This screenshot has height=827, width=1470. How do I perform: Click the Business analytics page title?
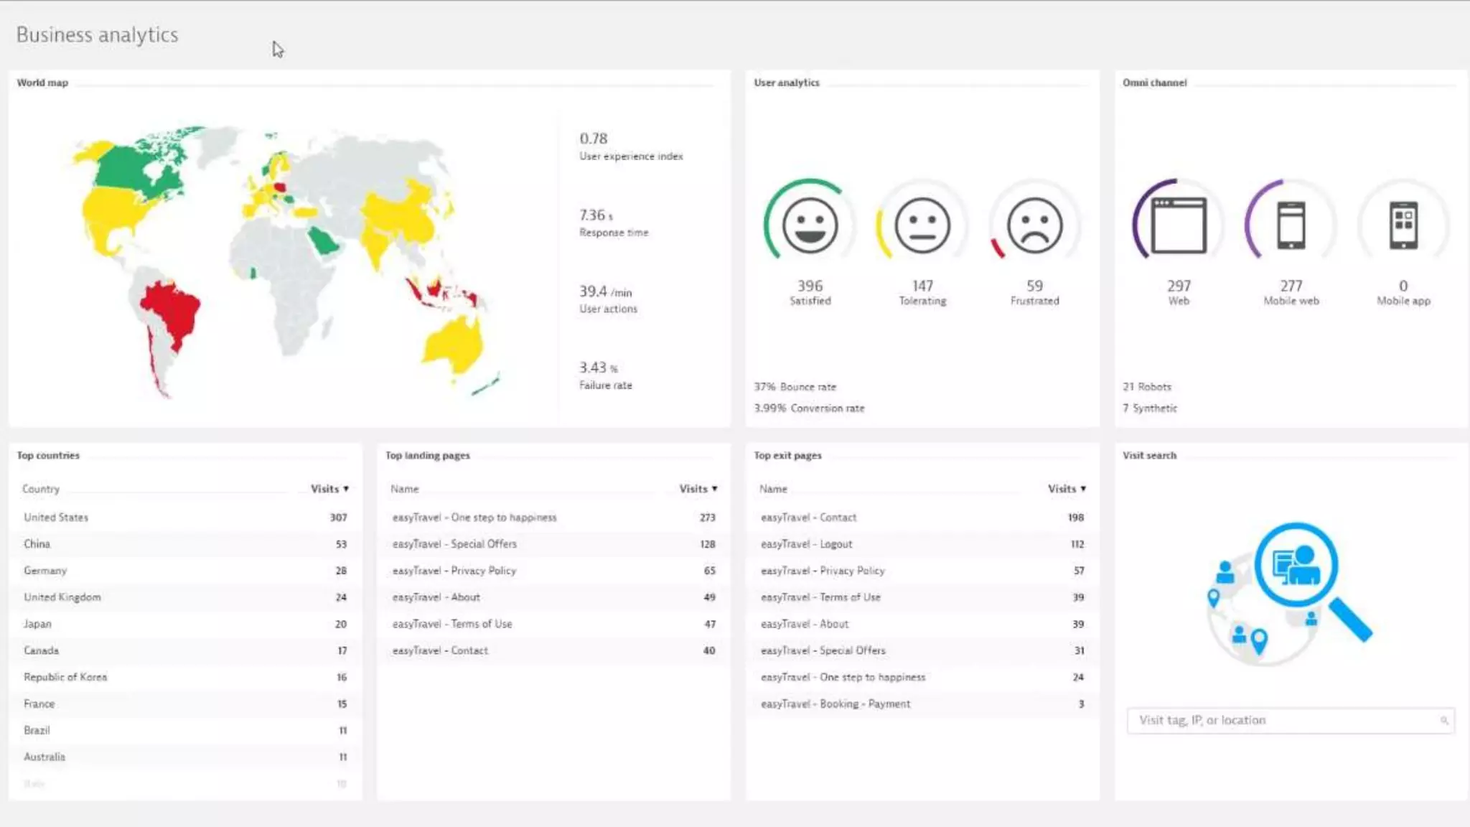tap(97, 34)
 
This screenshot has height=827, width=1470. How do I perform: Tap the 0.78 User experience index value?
tap(594, 139)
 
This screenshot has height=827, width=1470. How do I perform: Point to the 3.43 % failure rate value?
tap(598, 368)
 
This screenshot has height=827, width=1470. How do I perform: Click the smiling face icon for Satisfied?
tap(810, 225)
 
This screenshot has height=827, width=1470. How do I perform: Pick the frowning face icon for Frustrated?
tap(1034, 225)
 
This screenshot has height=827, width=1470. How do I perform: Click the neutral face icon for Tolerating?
tap(922, 225)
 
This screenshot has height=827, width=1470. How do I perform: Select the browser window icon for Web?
tap(1179, 225)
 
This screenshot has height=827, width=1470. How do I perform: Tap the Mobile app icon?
tap(1403, 225)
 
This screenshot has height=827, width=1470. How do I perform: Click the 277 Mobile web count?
tap(1291, 286)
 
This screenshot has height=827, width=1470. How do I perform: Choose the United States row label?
tap(56, 518)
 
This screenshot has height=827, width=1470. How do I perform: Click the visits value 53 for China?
tap(341, 544)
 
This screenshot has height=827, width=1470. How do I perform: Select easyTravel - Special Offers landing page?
tap(454, 544)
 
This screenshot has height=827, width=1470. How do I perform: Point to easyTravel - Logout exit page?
tap(806, 544)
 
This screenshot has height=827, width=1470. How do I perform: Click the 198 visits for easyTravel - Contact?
tap(1075, 518)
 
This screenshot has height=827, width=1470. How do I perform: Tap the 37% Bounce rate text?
tap(795, 387)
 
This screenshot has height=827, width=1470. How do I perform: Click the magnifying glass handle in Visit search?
tap(1351, 620)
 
